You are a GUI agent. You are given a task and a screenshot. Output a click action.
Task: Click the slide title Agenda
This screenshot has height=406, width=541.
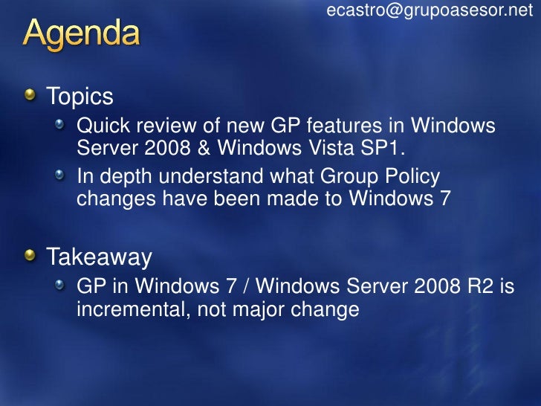[81, 34]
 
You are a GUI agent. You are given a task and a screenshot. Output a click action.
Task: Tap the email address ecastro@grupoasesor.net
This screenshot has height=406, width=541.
[430, 10]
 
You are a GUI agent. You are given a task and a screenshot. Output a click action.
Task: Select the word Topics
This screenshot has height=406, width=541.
[80, 96]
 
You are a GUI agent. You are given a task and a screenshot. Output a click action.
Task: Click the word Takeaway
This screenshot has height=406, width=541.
[100, 257]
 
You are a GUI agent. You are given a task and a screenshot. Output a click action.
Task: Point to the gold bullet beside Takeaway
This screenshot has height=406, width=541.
[29, 257]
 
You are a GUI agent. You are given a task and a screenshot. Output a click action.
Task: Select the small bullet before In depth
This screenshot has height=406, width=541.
[60, 176]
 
